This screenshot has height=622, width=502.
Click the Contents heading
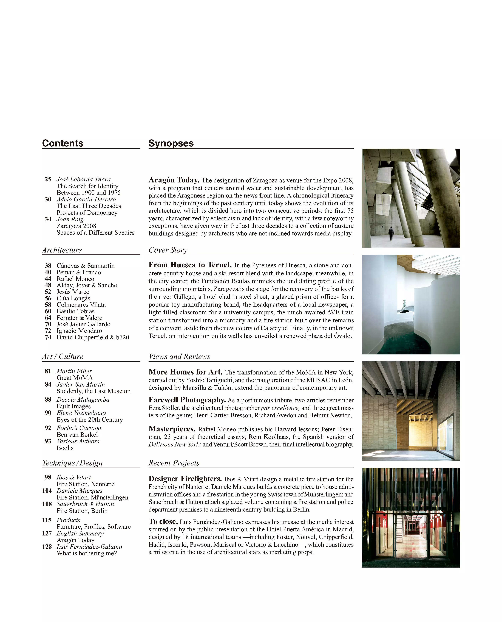click(x=63, y=143)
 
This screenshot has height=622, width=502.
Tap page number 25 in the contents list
click(x=48, y=179)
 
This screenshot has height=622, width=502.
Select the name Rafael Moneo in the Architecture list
click(x=75, y=279)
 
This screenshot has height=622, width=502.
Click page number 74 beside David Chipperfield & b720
click(x=48, y=337)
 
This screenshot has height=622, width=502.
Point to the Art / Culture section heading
click(x=63, y=356)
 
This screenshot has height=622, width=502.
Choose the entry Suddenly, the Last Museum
click(x=93, y=391)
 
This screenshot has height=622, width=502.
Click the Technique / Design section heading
click(x=72, y=463)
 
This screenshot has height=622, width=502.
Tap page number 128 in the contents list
click(x=47, y=546)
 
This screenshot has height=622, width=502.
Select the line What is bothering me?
click(x=87, y=553)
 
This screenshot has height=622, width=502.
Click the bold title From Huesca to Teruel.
click(x=190, y=265)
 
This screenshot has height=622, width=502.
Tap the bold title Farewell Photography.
click(x=187, y=400)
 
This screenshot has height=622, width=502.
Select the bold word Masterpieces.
click(x=172, y=429)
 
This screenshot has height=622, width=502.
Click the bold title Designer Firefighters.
click(x=185, y=479)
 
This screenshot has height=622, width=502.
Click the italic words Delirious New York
click(x=175, y=444)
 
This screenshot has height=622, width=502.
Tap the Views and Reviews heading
click(x=179, y=356)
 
